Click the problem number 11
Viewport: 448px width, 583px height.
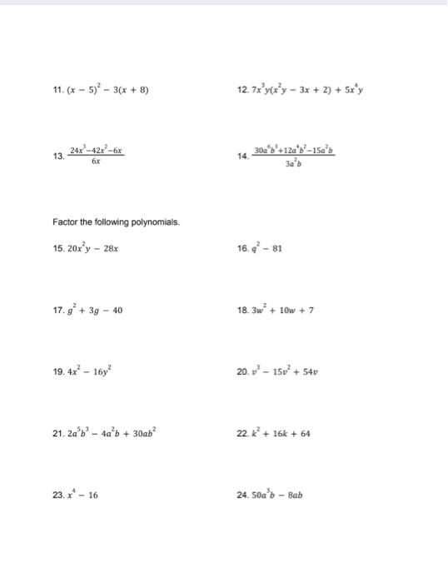[57, 90]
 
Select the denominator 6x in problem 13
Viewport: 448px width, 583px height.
[97, 162]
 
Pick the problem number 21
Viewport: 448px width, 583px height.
[57, 434]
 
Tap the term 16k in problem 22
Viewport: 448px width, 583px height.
[276, 434]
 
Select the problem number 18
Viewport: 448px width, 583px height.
[242, 311]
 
